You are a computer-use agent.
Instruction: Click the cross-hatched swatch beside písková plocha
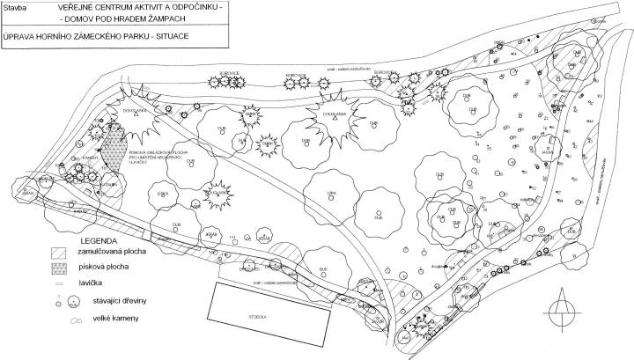point(59,268)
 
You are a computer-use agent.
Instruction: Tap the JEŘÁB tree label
point(210,236)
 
